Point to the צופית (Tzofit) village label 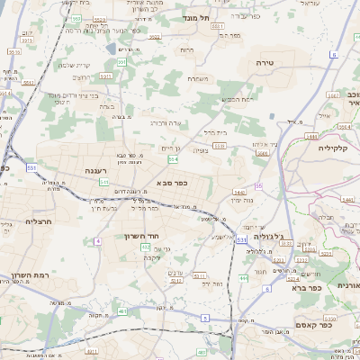202,151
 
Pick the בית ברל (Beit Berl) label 216,133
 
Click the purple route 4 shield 96,241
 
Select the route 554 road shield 173,158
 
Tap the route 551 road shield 121,62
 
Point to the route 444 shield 243,279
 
